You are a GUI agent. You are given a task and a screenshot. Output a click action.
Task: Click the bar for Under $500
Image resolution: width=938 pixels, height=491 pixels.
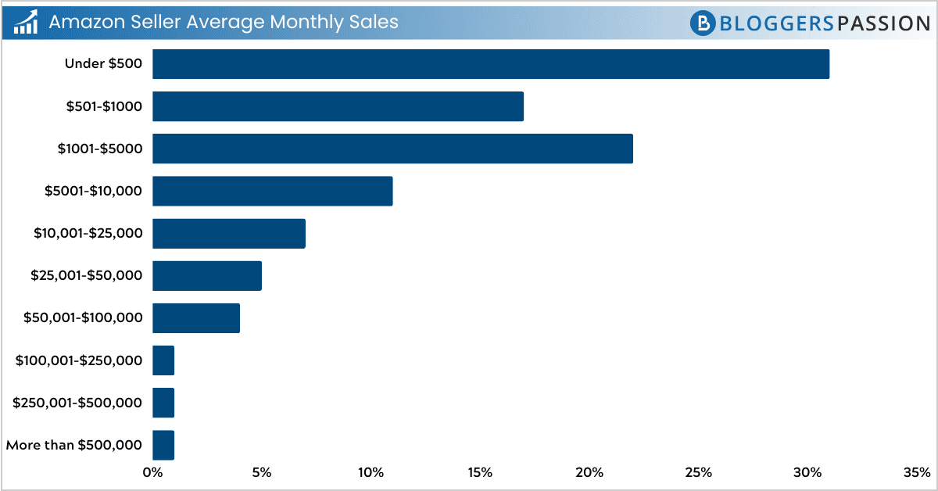pos(490,64)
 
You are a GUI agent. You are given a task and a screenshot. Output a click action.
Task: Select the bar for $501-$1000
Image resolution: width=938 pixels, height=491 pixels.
pos(338,106)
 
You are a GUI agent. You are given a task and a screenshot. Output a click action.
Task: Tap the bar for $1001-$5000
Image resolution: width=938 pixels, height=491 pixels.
pos(392,149)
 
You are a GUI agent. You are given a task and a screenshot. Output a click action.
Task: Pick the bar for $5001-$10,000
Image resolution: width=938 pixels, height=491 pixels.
pos(272,191)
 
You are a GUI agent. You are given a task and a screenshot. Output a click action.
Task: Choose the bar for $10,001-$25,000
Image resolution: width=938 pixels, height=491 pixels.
pos(228,233)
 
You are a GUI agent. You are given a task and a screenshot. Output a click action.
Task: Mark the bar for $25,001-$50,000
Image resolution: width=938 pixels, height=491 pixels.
pos(206,275)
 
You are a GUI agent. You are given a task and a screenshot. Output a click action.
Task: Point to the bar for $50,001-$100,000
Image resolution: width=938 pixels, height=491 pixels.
pos(195,317)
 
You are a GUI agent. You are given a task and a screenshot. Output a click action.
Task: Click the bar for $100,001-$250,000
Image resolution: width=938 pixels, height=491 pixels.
pos(163,360)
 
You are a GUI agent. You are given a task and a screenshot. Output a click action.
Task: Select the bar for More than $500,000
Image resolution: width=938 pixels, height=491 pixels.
pos(163,445)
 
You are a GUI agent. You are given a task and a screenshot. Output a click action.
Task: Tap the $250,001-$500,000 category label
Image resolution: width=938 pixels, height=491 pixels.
pos(77,403)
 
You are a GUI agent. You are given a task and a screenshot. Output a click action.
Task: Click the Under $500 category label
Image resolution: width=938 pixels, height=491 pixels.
pos(103,64)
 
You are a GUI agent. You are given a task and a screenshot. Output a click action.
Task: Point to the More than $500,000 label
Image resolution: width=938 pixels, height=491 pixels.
pos(73,445)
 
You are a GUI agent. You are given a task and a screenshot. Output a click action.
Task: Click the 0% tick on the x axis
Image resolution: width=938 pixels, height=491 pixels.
pos(152,472)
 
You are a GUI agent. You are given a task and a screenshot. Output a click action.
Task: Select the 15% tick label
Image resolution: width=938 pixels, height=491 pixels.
pos(480,472)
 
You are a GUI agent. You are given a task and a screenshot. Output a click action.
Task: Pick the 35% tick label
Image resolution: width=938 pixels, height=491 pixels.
pos(916,472)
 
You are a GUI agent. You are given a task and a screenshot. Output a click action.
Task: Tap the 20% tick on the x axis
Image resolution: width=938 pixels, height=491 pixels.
pos(589,472)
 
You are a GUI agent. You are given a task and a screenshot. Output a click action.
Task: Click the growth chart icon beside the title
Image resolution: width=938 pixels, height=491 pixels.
pos(27,23)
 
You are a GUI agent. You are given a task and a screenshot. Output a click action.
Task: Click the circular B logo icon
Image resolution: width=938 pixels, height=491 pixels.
pos(703,23)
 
